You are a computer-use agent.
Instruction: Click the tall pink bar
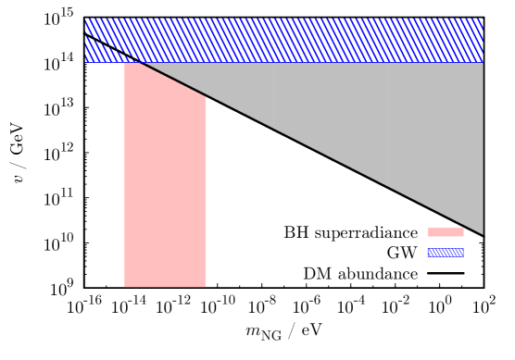pyautogui.click(x=165, y=185)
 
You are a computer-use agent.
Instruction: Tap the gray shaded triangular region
pyautogui.click(x=389, y=120)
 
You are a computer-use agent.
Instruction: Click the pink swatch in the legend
pyautogui.click(x=445, y=232)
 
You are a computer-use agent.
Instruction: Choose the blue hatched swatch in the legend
pyautogui.click(x=445, y=252)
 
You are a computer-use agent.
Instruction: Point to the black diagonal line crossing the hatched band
pyautogui.click(x=111, y=48)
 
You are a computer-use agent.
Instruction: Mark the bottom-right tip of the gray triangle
pyautogui.click(x=483, y=234)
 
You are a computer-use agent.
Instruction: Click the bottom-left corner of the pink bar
pyautogui.click(x=124, y=287)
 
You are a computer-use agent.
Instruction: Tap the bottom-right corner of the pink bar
pyautogui.click(x=207, y=287)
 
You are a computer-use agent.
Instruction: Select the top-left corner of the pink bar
pyautogui.click(x=124, y=62)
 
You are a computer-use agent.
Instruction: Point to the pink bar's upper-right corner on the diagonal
pyautogui.click(x=207, y=96)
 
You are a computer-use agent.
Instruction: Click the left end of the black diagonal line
pyautogui.click(x=84, y=33)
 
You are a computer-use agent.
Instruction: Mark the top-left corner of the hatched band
pyautogui.click(x=84, y=18)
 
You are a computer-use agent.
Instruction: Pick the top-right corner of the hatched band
pyautogui.click(x=483, y=18)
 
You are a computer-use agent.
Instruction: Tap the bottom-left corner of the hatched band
pyautogui.click(x=84, y=62)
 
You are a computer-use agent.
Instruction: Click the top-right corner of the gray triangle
pyautogui.click(x=483, y=62)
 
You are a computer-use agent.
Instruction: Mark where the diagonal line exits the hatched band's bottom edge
pyautogui.click(x=140, y=62)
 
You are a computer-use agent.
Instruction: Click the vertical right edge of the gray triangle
pyautogui.click(x=483, y=148)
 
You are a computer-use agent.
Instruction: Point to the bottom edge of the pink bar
pyautogui.click(x=165, y=287)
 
